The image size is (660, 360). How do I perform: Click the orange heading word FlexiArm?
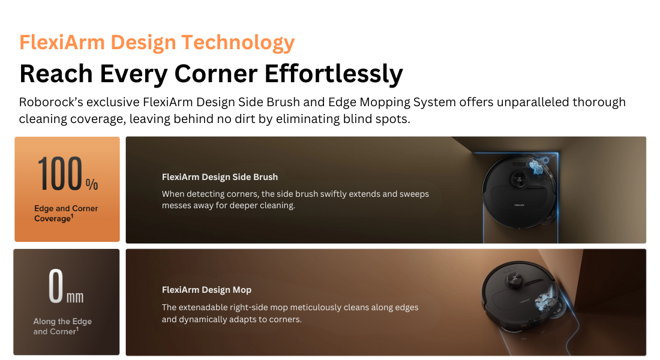[62, 42]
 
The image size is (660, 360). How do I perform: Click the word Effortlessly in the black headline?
[334, 74]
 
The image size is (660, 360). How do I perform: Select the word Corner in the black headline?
[215, 74]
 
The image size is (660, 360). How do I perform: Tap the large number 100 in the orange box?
[60, 173]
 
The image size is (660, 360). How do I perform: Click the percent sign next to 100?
[92, 184]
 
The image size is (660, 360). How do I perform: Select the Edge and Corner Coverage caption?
[66, 213]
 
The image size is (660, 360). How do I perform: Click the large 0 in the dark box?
[56, 286]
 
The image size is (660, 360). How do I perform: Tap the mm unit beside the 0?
[75, 297]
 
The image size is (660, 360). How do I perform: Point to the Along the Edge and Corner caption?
[62, 326]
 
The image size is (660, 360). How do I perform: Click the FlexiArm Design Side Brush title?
[220, 177]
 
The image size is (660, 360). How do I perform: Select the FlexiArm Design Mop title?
[206, 290]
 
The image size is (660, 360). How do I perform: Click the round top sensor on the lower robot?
[514, 279]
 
